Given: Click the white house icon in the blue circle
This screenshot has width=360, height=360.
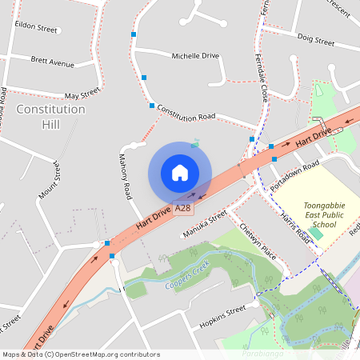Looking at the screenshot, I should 180,173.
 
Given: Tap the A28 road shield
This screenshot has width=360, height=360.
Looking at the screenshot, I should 183,208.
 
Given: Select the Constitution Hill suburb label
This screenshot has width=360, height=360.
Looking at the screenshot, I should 50,117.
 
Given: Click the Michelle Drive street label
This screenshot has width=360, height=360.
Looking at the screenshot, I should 195,56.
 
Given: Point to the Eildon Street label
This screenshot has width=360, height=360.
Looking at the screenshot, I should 37,28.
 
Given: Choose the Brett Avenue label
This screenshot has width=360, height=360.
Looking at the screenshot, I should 52,61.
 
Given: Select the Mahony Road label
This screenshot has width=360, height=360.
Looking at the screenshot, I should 125,176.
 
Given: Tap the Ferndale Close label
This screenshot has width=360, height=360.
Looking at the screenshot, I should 262,80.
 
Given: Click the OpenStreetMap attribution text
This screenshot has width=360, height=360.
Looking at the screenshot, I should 70,354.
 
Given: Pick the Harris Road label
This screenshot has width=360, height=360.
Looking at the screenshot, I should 293,229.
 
